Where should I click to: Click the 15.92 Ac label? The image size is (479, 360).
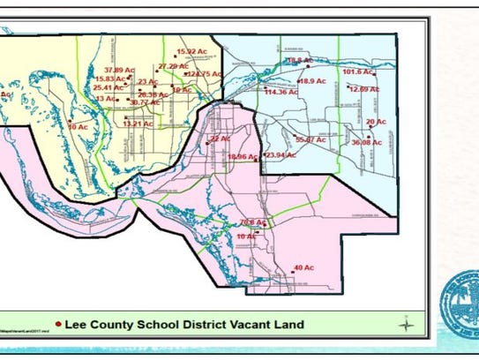point(191,53)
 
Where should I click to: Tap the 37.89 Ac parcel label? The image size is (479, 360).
point(117,69)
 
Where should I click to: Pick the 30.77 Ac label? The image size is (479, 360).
point(144,103)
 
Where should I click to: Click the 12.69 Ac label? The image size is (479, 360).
point(364,89)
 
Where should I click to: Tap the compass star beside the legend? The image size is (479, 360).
point(405,323)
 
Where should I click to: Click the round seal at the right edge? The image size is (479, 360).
point(460,300)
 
